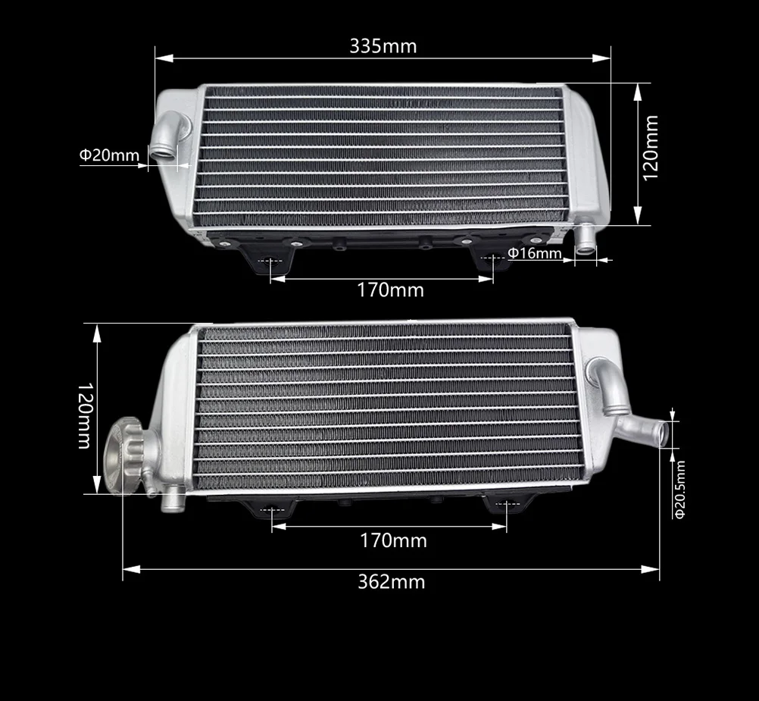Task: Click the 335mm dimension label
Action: point(383,46)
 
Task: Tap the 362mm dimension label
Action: point(391,581)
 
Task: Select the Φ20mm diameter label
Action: point(109,155)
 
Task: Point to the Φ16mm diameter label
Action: point(535,252)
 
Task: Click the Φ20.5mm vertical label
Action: point(679,490)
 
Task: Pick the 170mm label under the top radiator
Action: point(390,290)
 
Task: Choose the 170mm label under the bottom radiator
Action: point(393,540)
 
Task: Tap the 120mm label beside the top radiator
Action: point(650,148)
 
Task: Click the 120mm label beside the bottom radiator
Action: point(85,416)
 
